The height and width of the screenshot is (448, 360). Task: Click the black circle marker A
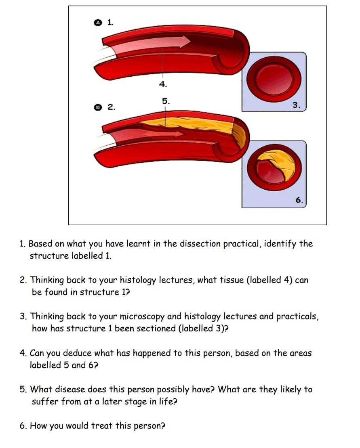(97, 23)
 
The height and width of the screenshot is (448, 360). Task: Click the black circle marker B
(97, 107)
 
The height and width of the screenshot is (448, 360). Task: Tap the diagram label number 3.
(296, 105)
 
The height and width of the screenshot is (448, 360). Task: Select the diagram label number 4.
(163, 84)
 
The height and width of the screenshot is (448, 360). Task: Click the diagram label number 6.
(299, 200)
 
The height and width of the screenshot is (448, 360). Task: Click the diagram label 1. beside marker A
(110, 22)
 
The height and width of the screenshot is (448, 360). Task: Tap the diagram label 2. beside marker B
(111, 107)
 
